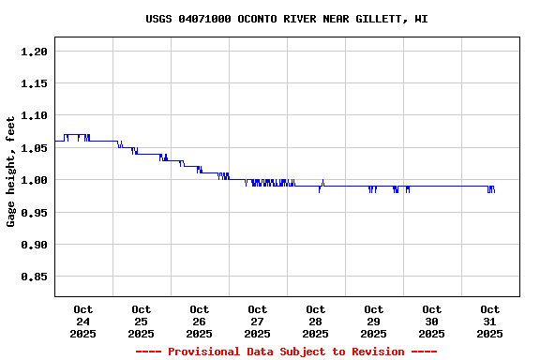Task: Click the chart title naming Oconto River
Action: point(287,19)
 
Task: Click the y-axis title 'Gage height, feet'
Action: point(11,172)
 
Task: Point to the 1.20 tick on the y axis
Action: point(34,52)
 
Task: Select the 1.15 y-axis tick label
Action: point(34,83)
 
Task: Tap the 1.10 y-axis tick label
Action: point(34,115)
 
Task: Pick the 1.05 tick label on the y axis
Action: point(34,148)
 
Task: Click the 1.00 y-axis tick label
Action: point(34,180)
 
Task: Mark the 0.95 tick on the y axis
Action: point(34,212)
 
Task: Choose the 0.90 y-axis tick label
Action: point(34,245)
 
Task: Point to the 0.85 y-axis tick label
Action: point(34,277)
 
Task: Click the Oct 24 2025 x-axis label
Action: point(83,321)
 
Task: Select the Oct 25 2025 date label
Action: point(142,321)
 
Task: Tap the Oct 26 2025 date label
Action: point(200,321)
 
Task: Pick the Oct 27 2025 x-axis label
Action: point(258,321)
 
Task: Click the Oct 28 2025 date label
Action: point(316,321)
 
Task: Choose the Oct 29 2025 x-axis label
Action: point(374,321)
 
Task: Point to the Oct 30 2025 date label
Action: point(432,321)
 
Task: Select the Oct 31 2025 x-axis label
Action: point(490,321)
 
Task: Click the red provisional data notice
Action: point(287,352)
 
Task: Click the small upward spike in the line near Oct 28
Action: point(322,181)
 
